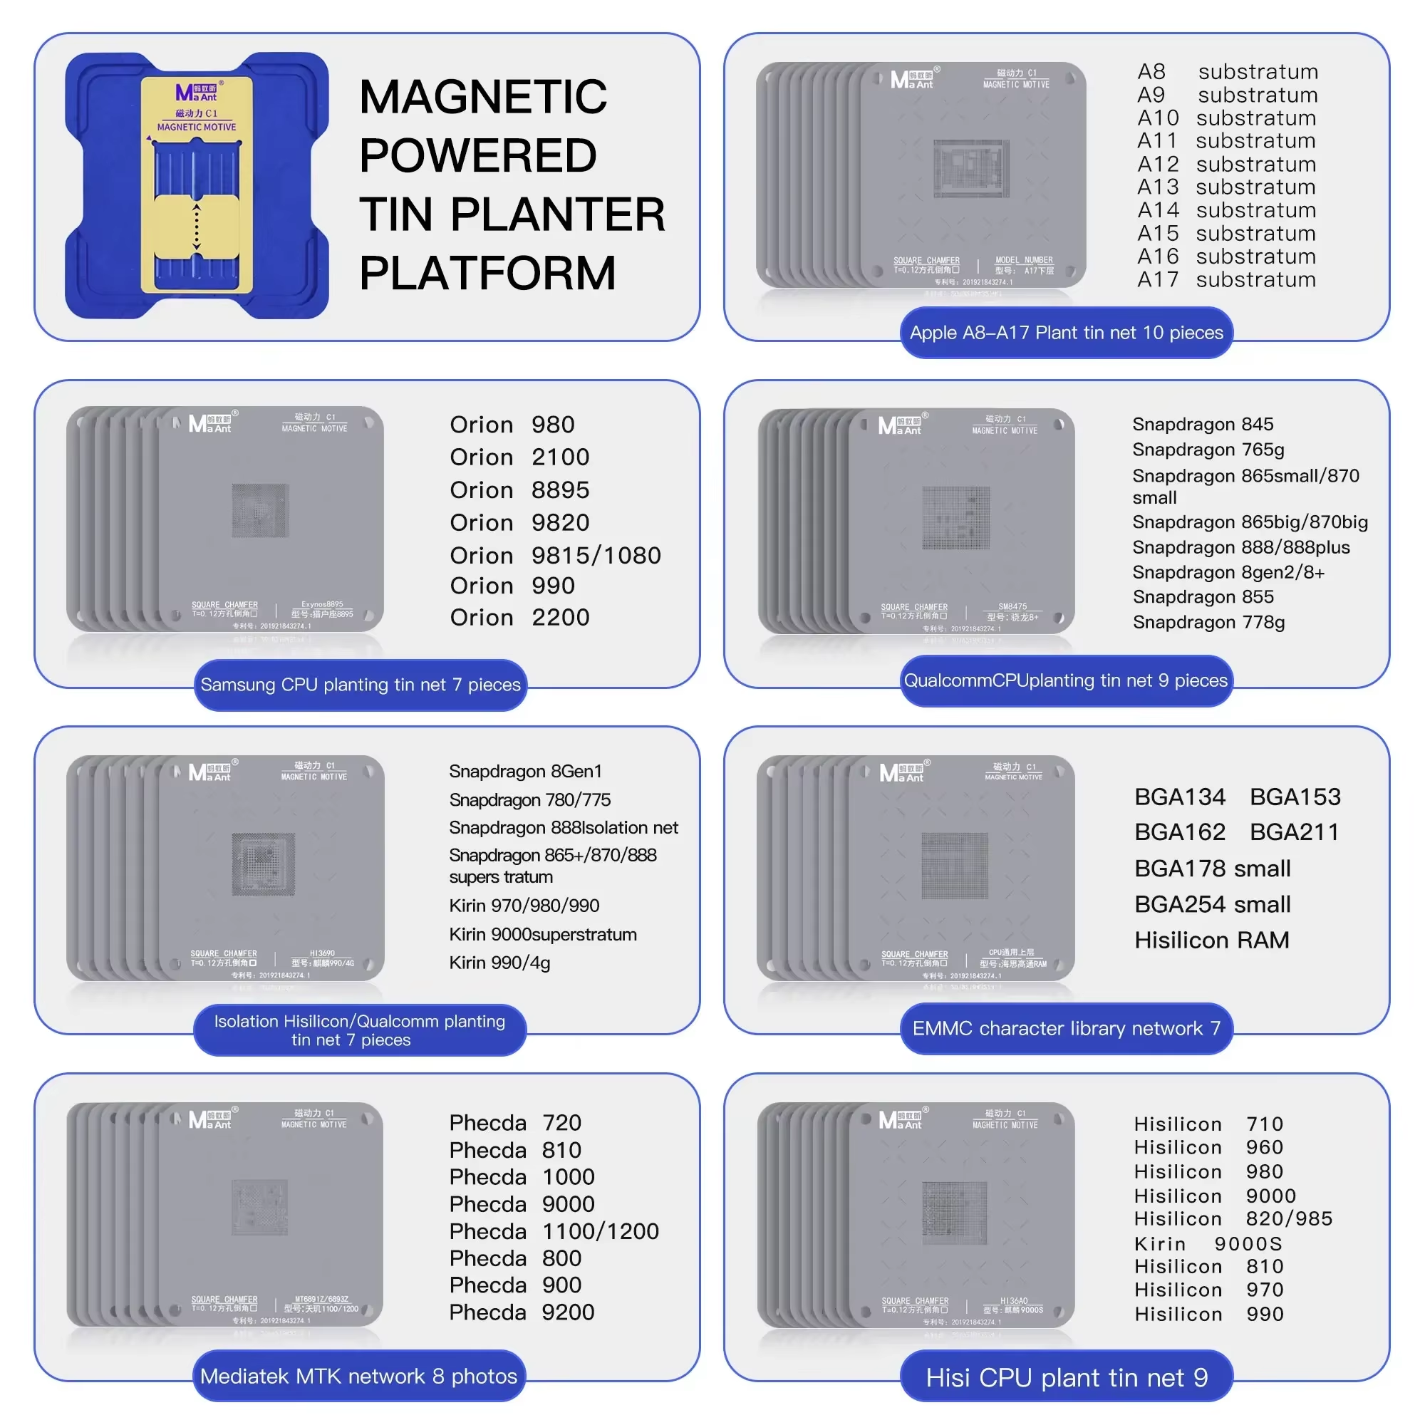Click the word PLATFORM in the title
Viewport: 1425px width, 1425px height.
click(487, 274)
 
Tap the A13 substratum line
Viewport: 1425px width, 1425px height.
click(1225, 187)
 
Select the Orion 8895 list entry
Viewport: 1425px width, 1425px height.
click(519, 490)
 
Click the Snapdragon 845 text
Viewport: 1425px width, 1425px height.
click(1202, 424)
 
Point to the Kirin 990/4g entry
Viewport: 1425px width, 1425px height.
click(499, 963)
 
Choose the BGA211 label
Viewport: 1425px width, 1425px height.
click(1294, 832)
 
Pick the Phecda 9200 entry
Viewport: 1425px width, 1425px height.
click(522, 1312)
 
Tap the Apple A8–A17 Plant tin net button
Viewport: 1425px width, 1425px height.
click(1066, 333)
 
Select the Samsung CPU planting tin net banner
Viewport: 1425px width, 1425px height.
click(360, 685)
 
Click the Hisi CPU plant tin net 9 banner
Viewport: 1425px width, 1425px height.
click(1066, 1377)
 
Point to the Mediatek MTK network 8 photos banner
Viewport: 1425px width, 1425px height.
click(358, 1376)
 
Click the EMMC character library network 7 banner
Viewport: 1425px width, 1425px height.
click(1066, 1028)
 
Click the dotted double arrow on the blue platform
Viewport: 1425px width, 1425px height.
click(196, 227)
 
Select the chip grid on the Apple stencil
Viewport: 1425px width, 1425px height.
click(970, 168)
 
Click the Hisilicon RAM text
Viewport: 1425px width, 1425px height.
click(1211, 940)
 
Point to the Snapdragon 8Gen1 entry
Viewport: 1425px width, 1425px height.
click(525, 772)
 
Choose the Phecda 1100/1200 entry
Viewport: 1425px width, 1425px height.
click(553, 1231)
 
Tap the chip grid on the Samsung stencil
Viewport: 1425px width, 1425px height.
click(259, 510)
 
